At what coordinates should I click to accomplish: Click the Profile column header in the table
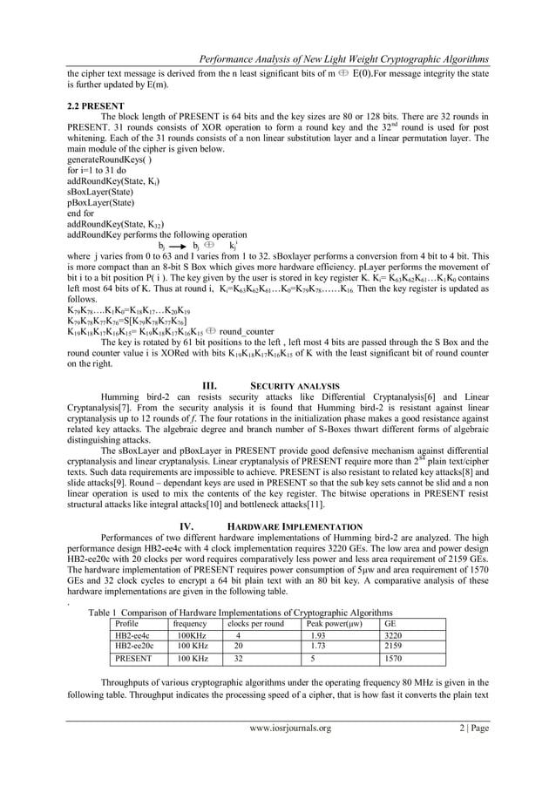[128, 624]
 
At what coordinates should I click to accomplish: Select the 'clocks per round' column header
[255, 624]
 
